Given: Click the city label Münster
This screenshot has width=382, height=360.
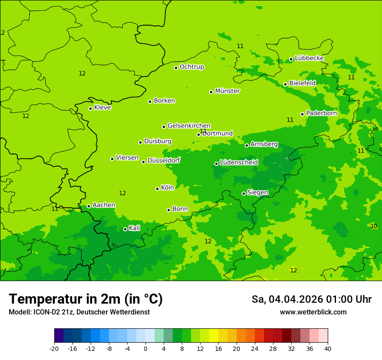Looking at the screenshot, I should pyautogui.click(x=227, y=91).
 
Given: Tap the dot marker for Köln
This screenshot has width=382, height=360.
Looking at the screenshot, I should pyautogui.click(x=157, y=189).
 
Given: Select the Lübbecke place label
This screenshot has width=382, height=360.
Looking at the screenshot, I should pyautogui.click(x=309, y=58).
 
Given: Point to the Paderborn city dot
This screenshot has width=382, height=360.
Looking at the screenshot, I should pyautogui.click(x=303, y=114).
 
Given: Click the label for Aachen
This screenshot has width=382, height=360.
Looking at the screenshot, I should pyautogui.click(x=104, y=205).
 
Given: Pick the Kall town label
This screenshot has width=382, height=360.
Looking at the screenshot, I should pyautogui.click(x=135, y=228).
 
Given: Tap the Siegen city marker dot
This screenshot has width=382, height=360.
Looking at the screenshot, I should pyautogui.click(x=244, y=193).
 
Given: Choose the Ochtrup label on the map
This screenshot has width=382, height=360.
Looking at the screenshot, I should pyautogui.click(x=191, y=67).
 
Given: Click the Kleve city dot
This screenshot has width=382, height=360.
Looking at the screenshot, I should pyautogui.click(x=90, y=108).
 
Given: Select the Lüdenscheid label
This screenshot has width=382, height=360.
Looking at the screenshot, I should pyautogui.click(x=239, y=163).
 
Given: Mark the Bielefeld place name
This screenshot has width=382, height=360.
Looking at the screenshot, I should pyautogui.click(x=302, y=83).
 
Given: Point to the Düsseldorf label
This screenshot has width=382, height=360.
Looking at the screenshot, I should pyautogui.click(x=164, y=160).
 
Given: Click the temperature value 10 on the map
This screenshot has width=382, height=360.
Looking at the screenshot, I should pyautogui.click(x=374, y=226).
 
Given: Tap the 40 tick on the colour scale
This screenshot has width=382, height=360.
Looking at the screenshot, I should pyautogui.click(x=328, y=348).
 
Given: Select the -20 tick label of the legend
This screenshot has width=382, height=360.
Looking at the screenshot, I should pyautogui.click(x=54, y=348).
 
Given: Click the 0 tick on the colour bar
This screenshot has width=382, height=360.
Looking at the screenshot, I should pyautogui.click(x=145, y=348).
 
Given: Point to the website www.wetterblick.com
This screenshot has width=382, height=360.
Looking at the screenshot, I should pyautogui.click(x=313, y=312).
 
